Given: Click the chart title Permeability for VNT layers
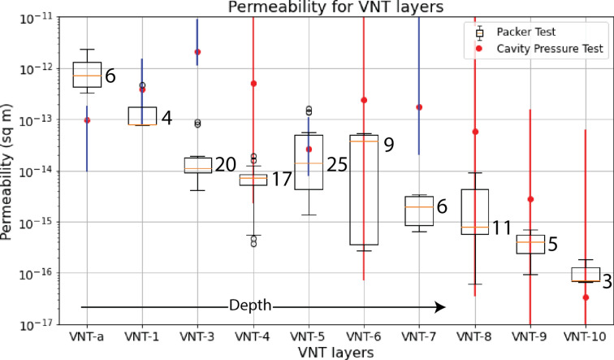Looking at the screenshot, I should click(x=335, y=9).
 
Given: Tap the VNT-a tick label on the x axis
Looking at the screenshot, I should click(x=87, y=335).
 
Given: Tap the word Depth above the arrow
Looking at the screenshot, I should click(x=250, y=306).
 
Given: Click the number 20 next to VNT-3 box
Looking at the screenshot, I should click(x=224, y=165).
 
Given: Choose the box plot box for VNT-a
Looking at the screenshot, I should click(x=87, y=74).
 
